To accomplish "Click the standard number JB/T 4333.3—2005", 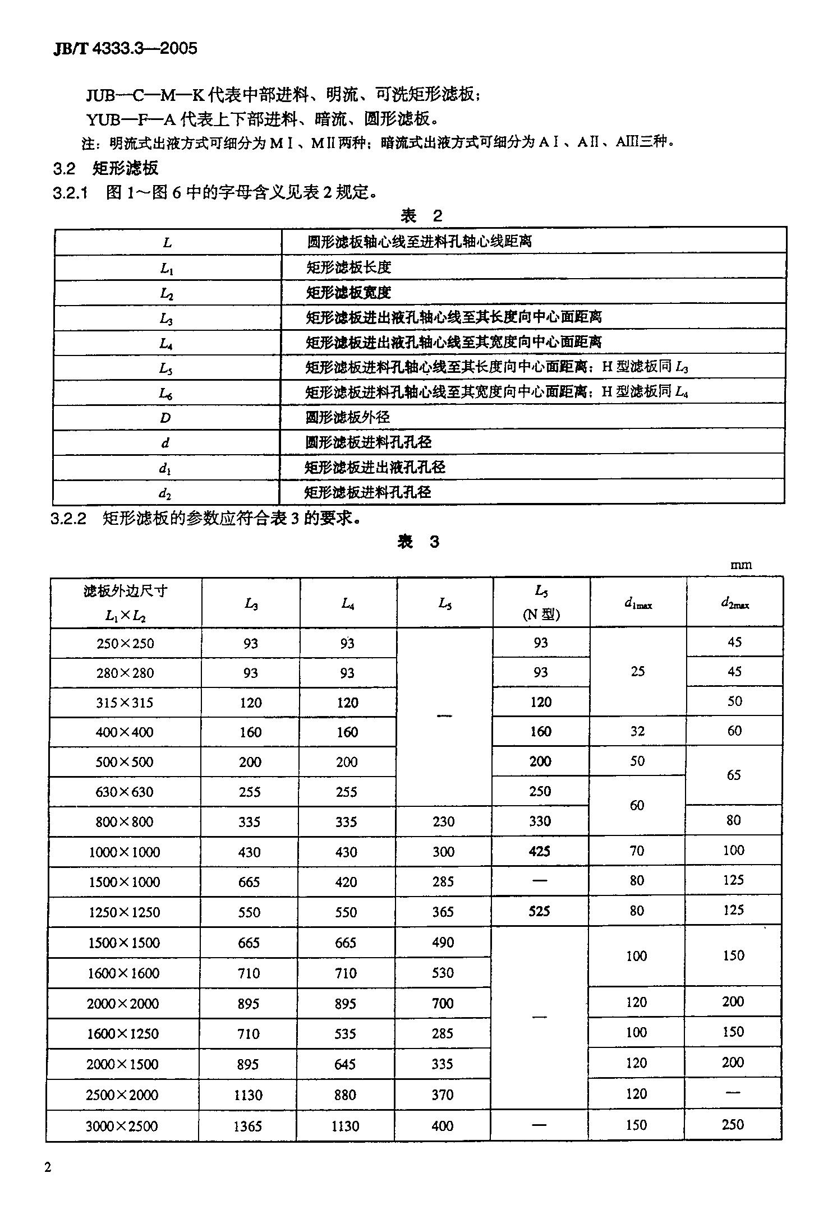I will pyautogui.click(x=125, y=49).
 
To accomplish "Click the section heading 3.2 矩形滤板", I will pyautogui.click(x=105, y=168).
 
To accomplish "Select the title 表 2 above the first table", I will pyautogui.click(x=421, y=215).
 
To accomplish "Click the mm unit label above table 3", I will pyautogui.click(x=741, y=565).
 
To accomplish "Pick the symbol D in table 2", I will pyautogui.click(x=165, y=418).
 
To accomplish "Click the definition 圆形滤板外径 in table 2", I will pyautogui.click(x=348, y=417).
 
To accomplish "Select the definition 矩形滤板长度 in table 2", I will pyautogui.click(x=348, y=267).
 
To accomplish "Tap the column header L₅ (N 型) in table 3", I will pyautogui.click(x=541, y=603).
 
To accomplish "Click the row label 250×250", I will pyautogui.click(x=125, y=643).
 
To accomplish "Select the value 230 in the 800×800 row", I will pyautogui.click(x=444, y=821).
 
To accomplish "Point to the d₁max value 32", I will pyautogui.click(x=637, y=731).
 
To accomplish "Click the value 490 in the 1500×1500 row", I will pyautogui.click(x=443, y=943).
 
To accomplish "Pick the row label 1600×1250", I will pyautogui.click(x=123, y=1033).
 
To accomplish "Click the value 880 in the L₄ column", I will pyautogui.click(x=345, y=1094).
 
